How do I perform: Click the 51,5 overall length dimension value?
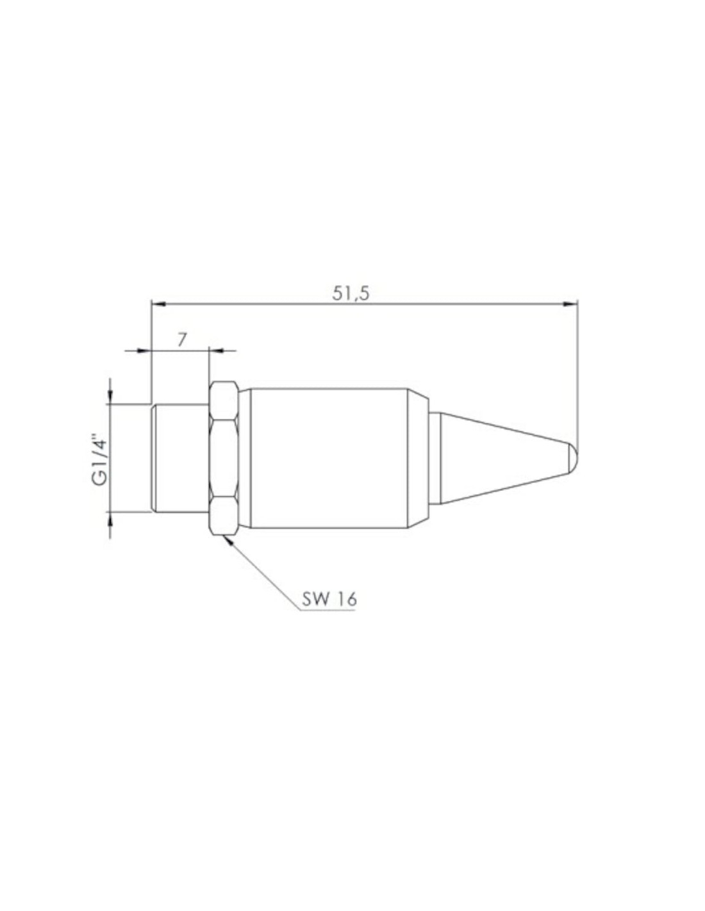point(351,294)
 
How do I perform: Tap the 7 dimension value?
point(181,340)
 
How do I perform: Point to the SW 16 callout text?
point(329,598)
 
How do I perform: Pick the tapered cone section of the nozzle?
point(503,457)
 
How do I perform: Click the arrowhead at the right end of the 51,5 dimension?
point(571,304)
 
